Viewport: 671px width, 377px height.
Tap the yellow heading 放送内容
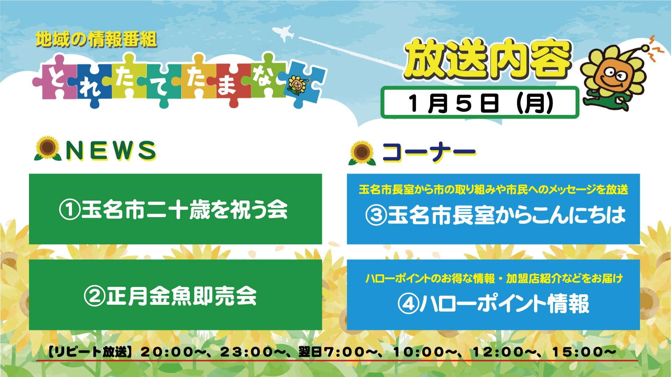point(488,59)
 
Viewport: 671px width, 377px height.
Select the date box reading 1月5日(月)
point(479,102)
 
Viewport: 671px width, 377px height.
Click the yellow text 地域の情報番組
point(96,39)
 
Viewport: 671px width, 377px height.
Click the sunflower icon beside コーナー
point(362,153)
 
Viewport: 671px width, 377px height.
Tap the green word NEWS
point(111,151)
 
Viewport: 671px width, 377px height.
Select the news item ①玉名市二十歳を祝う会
point(173,210)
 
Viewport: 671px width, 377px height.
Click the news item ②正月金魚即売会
point(171,296)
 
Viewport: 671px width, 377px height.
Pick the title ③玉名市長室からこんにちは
point(495,215)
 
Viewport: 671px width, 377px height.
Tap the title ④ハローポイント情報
point(493,304)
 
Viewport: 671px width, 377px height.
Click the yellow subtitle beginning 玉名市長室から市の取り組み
point(493,190)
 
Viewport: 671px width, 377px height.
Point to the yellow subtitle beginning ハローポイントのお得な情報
point(494,278)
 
